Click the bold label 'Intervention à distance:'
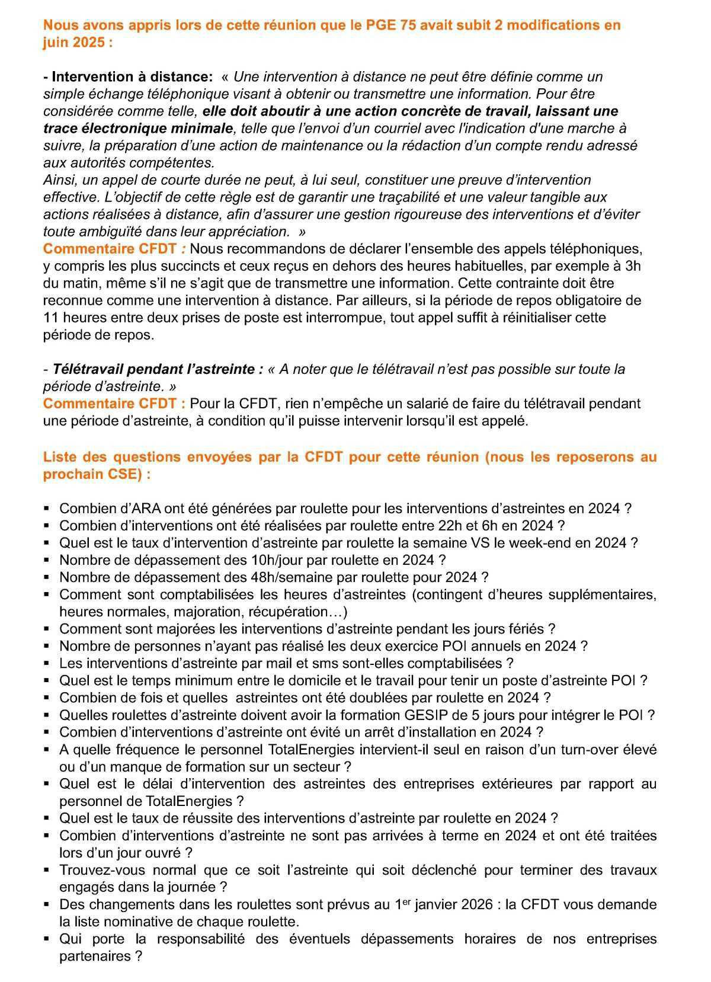pos(128,77)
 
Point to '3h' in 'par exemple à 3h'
pos(633,266)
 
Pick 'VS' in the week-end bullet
pos(470,543)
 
